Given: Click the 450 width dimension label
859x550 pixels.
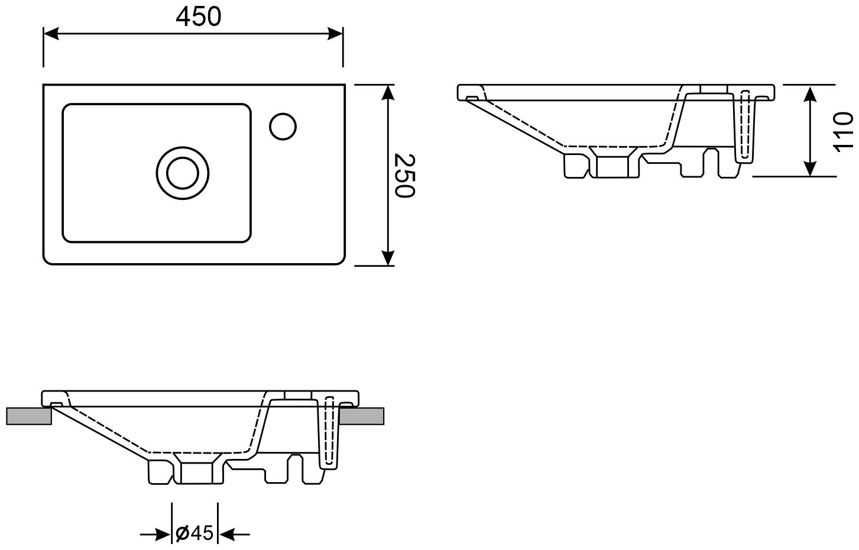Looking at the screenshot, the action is pos(199,17).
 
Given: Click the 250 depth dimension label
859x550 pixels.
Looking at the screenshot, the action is pos(405,176).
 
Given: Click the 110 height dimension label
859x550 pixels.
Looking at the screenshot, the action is pos(844,132).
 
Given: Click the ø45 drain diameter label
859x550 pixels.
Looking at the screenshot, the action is pos(195,533).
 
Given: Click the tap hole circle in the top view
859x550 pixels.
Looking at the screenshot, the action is pos(283,127).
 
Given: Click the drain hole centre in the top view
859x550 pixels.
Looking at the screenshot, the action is pos(183,173).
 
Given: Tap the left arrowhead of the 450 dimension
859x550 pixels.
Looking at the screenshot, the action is pos(51,33).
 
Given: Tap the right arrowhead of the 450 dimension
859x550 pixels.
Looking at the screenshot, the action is pos(335,33).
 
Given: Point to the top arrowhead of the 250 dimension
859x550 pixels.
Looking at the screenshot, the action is pos(388,93).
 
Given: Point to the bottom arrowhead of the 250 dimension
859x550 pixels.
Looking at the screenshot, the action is pos(388,257).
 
